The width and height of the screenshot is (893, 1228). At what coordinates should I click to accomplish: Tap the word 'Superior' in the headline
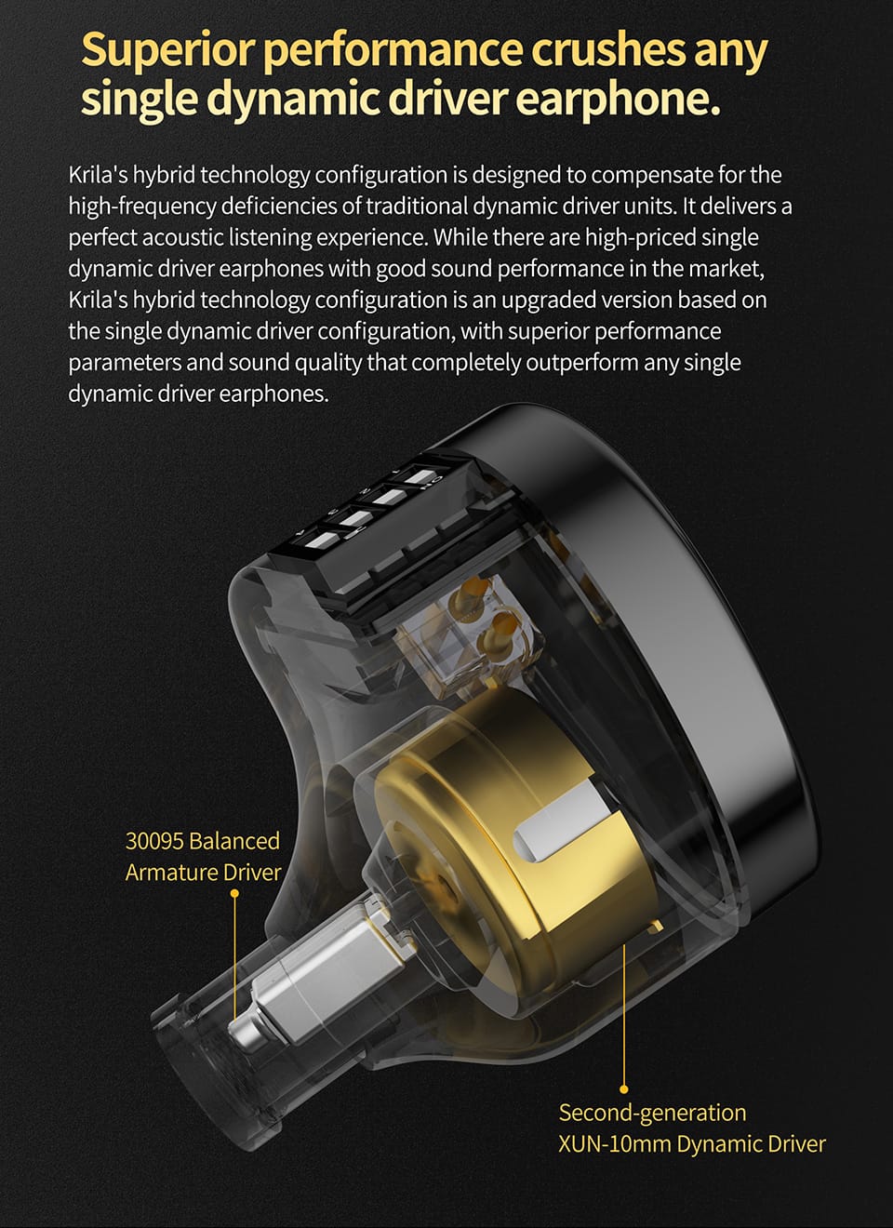coord(167,50)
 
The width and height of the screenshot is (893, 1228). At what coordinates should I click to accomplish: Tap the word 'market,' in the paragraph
coord(726,269)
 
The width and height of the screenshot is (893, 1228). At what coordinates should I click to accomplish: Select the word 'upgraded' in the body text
coord(550,300)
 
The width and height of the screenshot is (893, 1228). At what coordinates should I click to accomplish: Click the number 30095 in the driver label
coord(153,841)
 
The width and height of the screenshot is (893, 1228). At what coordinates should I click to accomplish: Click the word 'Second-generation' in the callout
coord(652,1113)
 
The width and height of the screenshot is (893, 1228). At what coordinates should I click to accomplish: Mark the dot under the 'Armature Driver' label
coord(234,894)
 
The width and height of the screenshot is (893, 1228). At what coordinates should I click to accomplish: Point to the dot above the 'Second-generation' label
coord(623,1088)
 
